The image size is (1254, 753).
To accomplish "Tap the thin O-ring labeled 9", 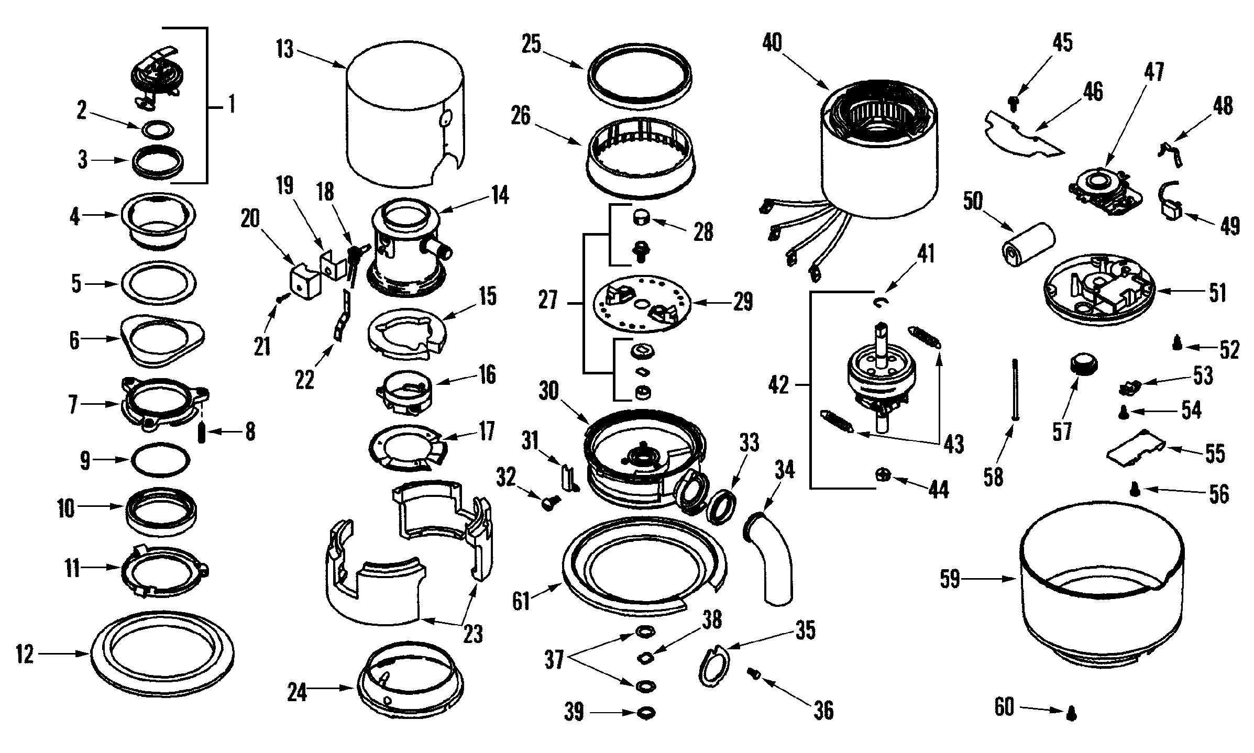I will tap(160, 460).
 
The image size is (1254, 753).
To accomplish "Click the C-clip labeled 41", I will tap(880, 302).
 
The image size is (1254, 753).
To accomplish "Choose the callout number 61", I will tap(522, 601).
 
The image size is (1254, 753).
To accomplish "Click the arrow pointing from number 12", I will tap(63, 654).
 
